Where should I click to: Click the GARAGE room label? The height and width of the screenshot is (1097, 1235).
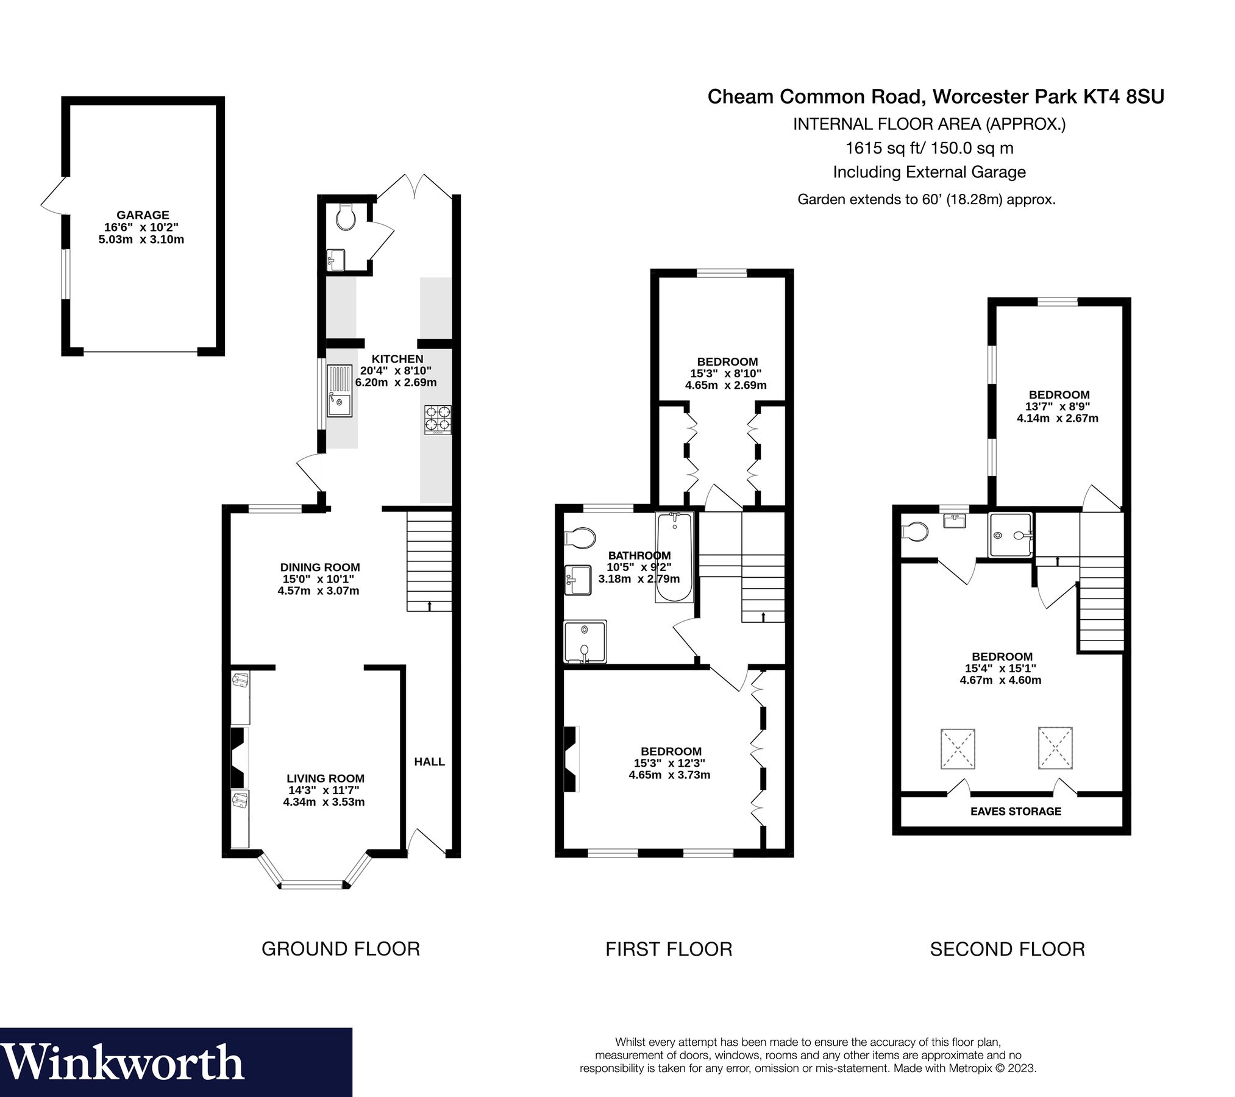[143, 215]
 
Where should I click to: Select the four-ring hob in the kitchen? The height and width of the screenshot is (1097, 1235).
[438, 419]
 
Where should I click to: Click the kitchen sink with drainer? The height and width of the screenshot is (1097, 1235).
[340, 391]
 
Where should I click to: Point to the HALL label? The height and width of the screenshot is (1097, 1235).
[429, 762]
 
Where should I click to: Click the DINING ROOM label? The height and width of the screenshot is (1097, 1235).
[320, 567]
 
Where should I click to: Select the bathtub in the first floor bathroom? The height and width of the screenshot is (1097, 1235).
[674, 556]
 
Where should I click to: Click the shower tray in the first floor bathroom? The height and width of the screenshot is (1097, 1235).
[585, 642]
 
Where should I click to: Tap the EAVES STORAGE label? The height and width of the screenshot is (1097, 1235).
[1016, 811]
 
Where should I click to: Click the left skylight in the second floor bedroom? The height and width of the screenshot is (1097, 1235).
[958, 748]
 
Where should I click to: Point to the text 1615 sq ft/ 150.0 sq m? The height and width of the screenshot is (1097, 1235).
[929, 148]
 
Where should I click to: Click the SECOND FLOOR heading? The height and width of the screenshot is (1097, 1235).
[1007, 949]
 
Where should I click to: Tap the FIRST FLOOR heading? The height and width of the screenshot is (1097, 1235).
[669, 949]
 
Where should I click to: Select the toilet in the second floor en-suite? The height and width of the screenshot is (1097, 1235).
[914, 532]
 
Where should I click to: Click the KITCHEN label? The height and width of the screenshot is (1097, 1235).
[397, 359]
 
